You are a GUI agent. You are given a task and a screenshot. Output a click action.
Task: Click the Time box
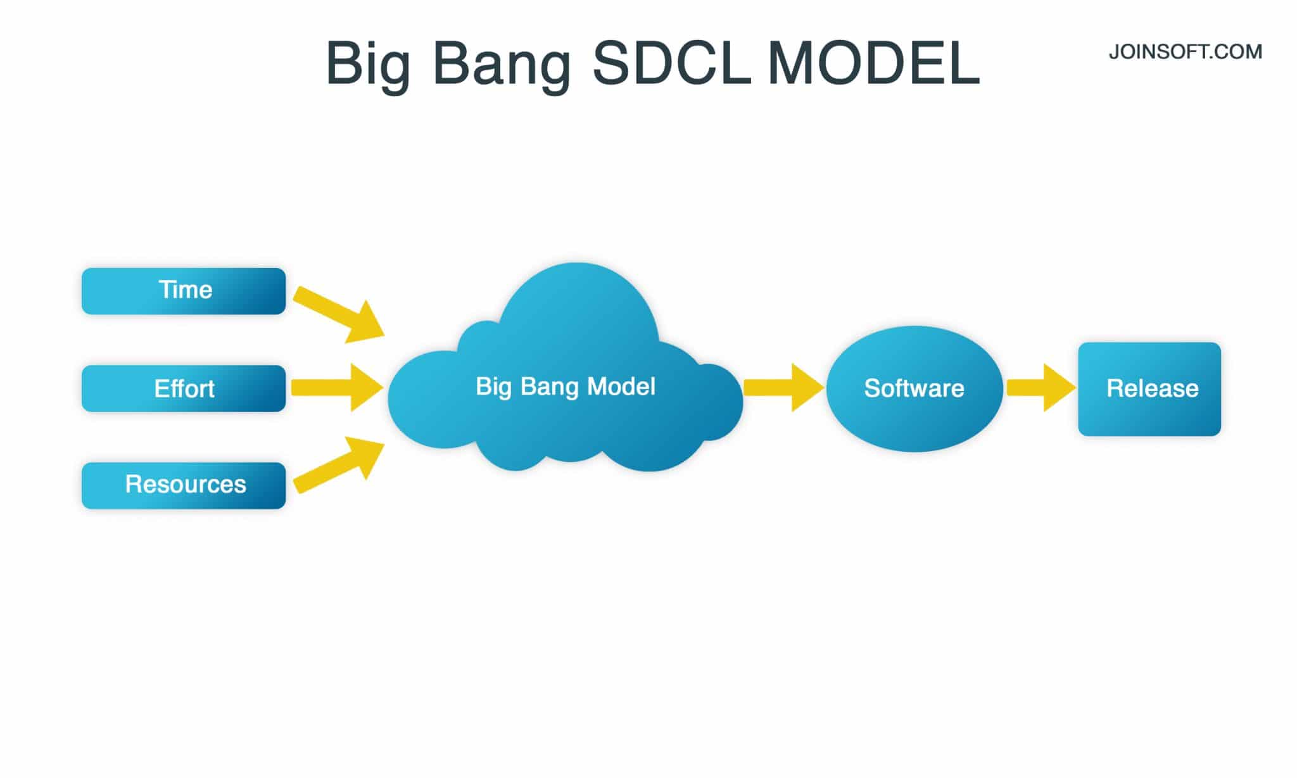tap(184, 291)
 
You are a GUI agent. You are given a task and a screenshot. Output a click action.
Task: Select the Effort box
tap(184, 388)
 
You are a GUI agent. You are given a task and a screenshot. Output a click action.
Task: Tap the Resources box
tap(184, 485)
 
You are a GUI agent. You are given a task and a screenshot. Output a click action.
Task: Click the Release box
tap(1149, 389)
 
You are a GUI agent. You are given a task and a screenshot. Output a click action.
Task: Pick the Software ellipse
tap(914, 388)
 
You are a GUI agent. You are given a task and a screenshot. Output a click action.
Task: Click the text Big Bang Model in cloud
tap(565, 386)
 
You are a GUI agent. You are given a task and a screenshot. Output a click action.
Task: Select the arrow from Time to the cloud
tap(339, 314)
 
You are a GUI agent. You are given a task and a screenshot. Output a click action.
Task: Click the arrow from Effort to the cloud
tap(336, 387)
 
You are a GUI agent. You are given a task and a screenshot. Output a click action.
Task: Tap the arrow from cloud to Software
tap(782, 387)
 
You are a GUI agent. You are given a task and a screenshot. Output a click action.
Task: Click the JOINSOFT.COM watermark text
tap(1185, 52)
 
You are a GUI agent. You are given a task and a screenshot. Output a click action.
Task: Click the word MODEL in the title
tap(874, 63)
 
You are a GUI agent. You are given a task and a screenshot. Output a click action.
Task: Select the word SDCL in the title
tap(671, 63)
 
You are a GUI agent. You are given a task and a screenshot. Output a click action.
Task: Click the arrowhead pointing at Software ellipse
tap(807, 387)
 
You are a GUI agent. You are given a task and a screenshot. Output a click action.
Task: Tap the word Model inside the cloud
tap(621, 386)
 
